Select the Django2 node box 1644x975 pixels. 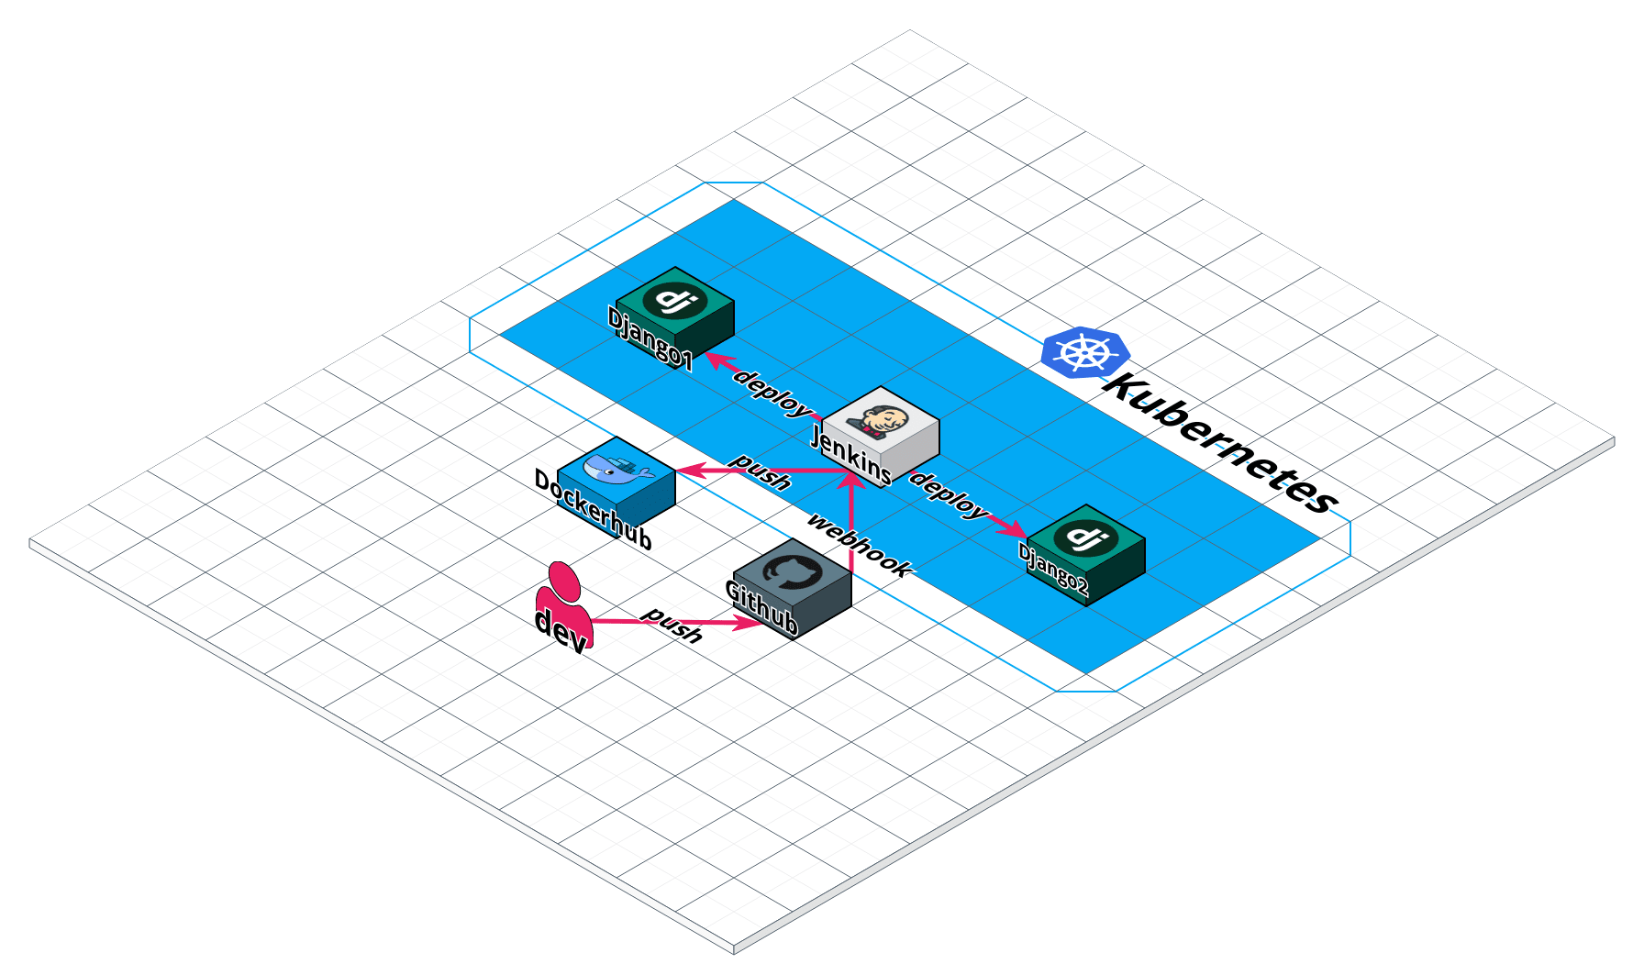point(1086,553)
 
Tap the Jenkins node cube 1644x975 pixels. point(881,436)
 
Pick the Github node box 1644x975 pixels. point(793,589)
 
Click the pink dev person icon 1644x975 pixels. point(562,605)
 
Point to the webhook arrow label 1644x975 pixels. point(860,545)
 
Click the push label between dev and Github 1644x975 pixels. point(672,624)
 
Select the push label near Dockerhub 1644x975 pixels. point(761,471)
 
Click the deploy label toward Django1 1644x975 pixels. point(772,393)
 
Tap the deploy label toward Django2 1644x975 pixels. point(949,496)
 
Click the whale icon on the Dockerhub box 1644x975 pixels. point(616,468)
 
